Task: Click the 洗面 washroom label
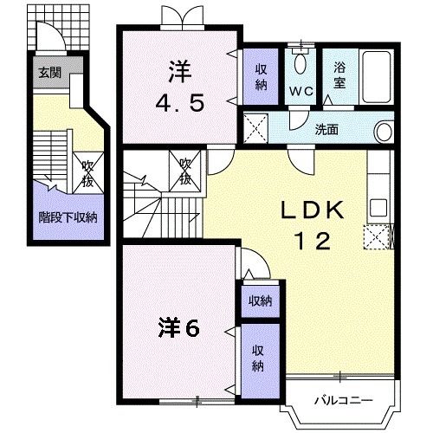tap(326, 131)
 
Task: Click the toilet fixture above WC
tap(301, 61)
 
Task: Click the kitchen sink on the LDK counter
tap(379, 209)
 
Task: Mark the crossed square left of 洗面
tap(255, 129)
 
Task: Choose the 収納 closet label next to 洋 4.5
tap(259, 76)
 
